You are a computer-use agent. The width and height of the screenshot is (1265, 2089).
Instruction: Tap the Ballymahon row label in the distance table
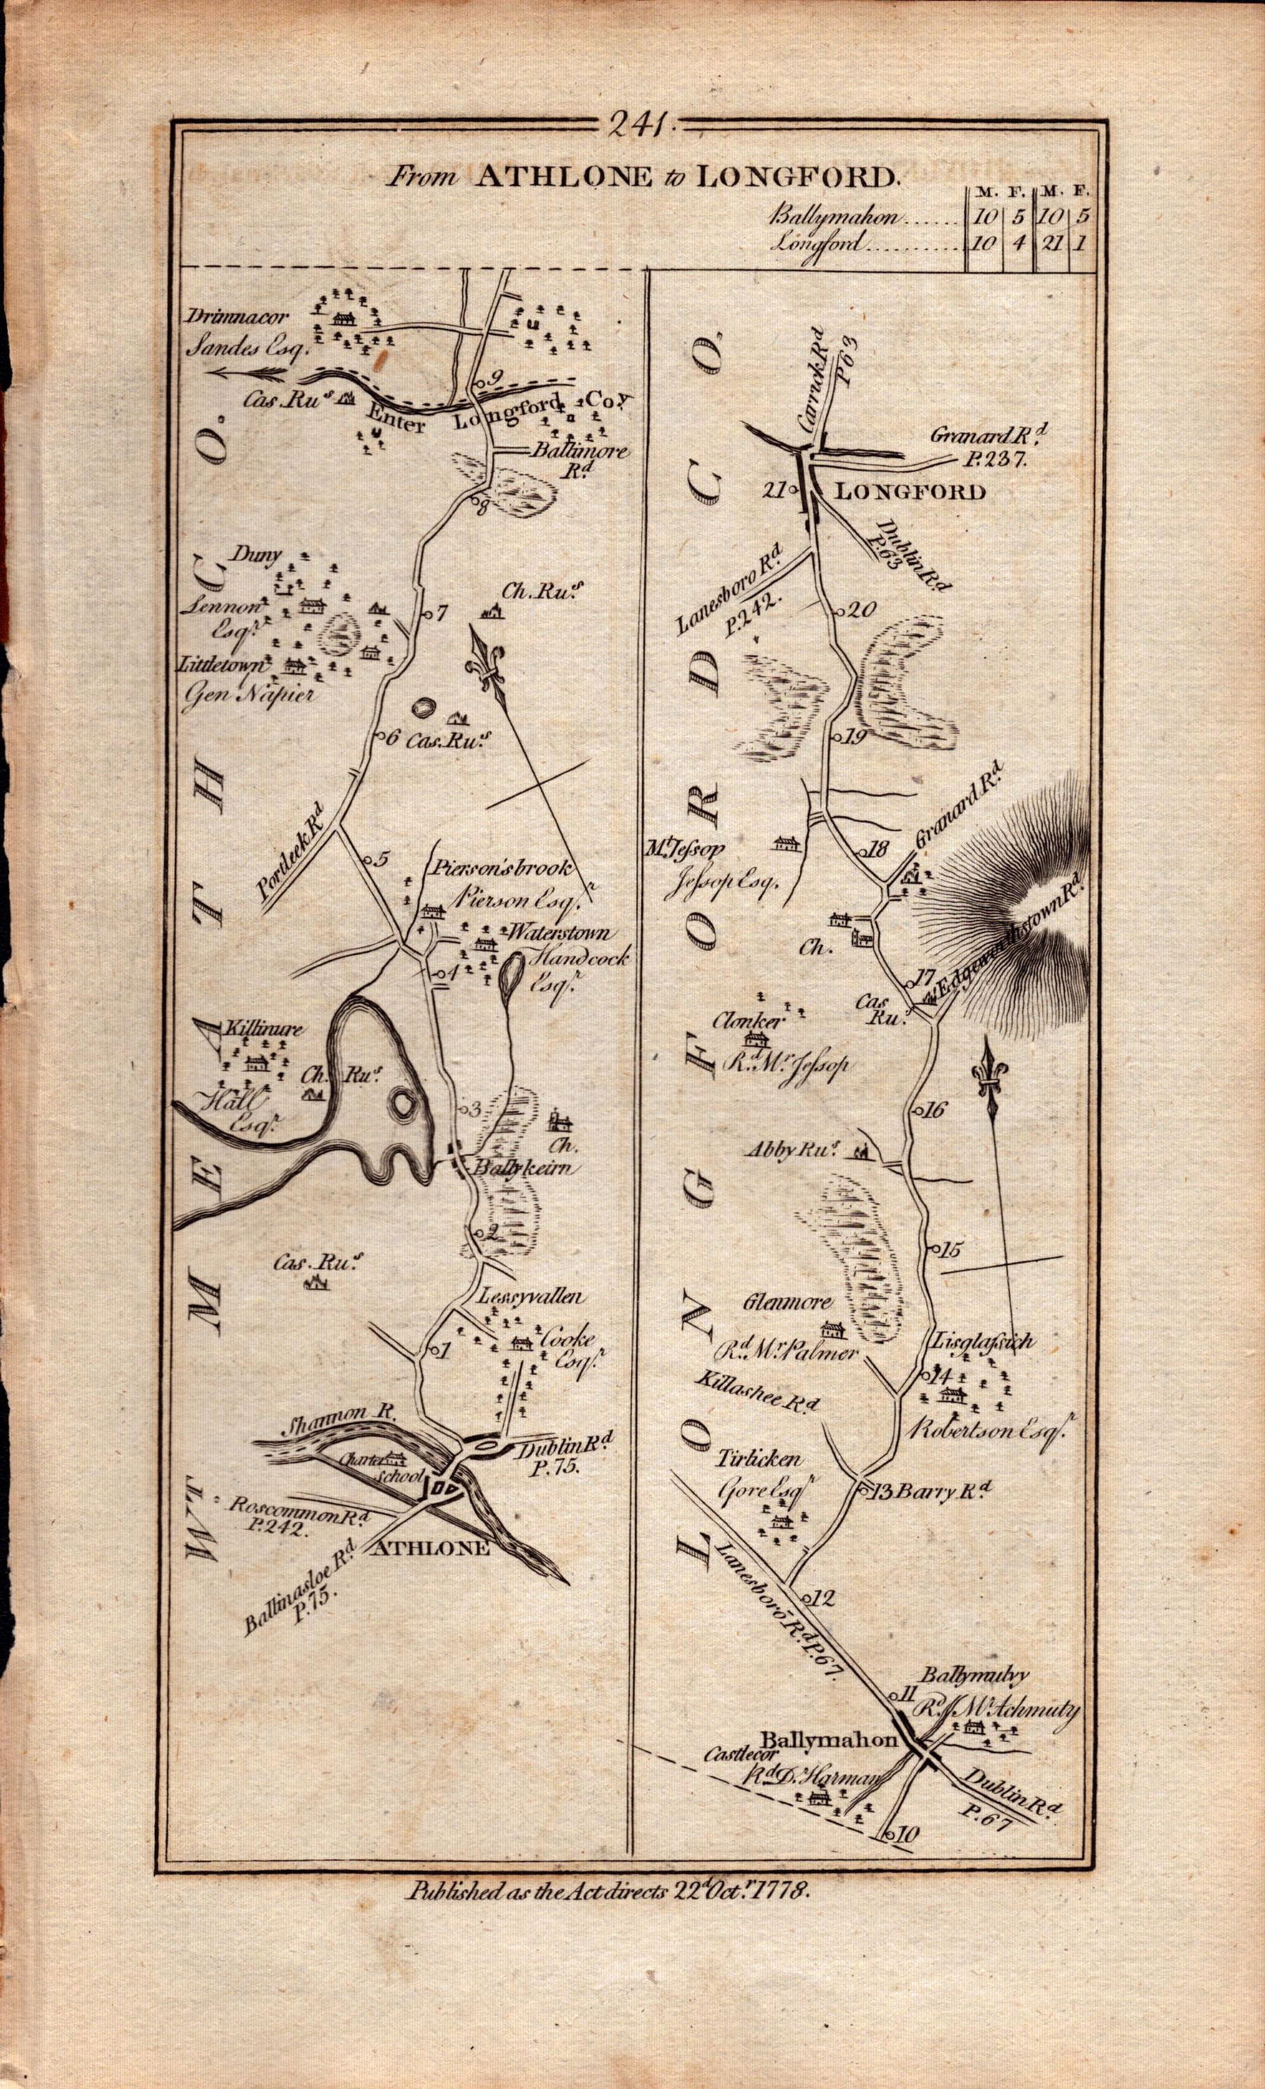(835, 216)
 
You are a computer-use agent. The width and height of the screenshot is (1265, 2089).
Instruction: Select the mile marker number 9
(496, 377)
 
